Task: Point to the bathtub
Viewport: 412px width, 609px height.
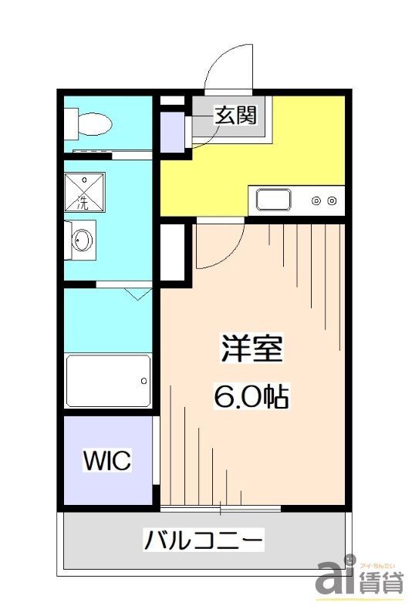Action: (x=107, y=381)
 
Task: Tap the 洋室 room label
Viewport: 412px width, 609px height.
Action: (x=252, y=351)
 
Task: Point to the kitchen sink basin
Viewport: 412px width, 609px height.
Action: (x=274, y=200)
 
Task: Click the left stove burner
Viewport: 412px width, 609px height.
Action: (x=316, y=200)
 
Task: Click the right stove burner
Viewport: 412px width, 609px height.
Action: (x=332, y=200)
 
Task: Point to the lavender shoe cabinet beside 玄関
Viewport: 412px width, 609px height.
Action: (x=172, y=132)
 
